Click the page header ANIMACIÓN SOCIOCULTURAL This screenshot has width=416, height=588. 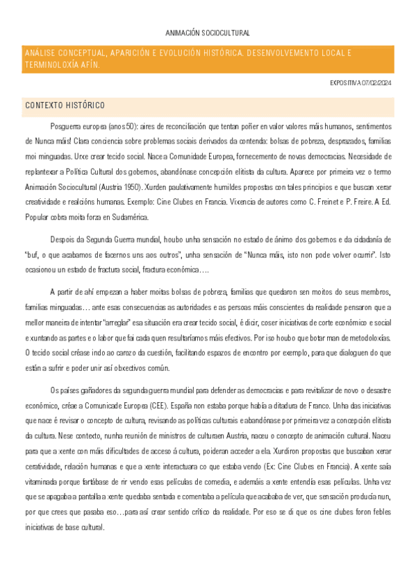click(208, 33)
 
